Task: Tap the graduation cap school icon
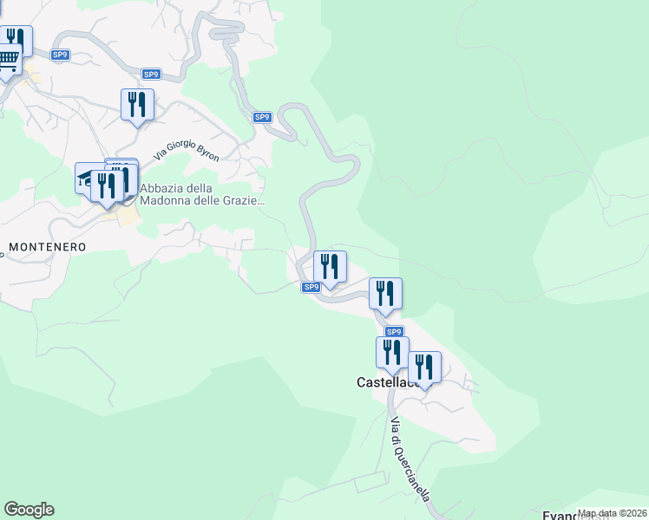86,178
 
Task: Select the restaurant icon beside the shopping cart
16,40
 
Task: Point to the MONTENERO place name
47,247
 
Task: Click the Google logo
29,510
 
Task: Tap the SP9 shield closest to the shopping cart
60,55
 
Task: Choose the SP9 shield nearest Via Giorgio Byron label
263,117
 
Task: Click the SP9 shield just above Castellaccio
394,332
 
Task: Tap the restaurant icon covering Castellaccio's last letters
424,367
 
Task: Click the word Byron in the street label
207,153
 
